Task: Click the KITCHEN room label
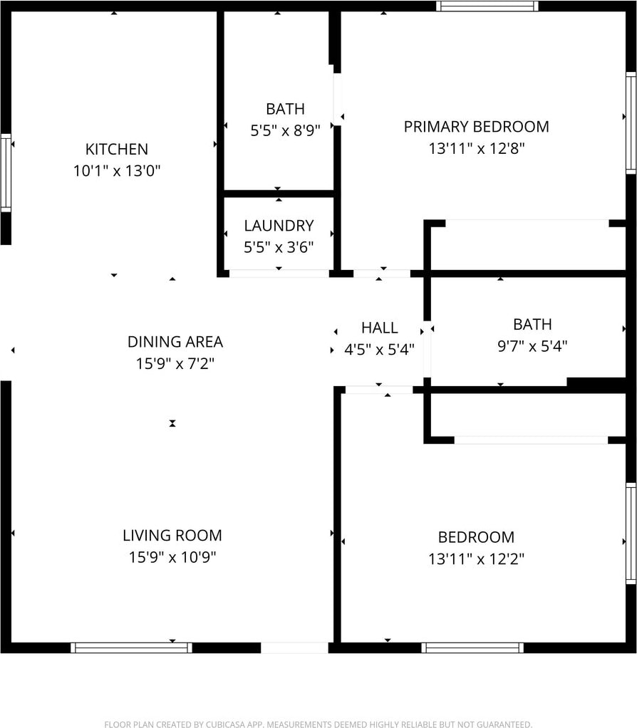[117, 149]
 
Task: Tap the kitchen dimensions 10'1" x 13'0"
[117, 171]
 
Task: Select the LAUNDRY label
[279, 226]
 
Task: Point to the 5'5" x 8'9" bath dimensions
[285, 130]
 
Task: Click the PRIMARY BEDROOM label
[477, 127]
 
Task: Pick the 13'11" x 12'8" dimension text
[477, 149]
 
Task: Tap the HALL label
[379, 328]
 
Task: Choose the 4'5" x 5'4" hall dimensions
[379, 349]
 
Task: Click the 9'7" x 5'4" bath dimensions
[532, 346]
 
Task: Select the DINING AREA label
[175, 342]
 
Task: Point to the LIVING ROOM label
[172, 536]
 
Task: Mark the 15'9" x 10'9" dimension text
[172, 556]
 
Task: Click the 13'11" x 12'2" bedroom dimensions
[477, 558]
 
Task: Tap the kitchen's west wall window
[6, 172]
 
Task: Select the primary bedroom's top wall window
[487, 6]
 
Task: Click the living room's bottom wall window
[131, 648]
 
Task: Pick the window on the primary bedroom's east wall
[631, 123]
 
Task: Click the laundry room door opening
[279, 274]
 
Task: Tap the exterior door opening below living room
[294, 648]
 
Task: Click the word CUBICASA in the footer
[226, 724]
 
